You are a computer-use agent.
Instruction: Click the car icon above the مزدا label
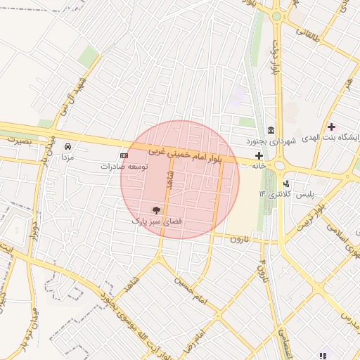(x=67, y=146)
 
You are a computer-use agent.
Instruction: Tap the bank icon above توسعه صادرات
(x=124, y=155)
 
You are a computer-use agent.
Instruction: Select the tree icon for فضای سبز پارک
(x=156, y=210)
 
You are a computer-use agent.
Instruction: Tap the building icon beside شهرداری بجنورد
(x=271, y=129)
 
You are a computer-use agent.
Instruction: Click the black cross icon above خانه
(x=259, y=155)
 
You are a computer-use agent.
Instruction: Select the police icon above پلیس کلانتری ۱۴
(x=286, y=184)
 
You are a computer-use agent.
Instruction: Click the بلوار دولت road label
(x=274, y=60)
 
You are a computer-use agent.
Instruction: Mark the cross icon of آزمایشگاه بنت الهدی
(x=332, y=127)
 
